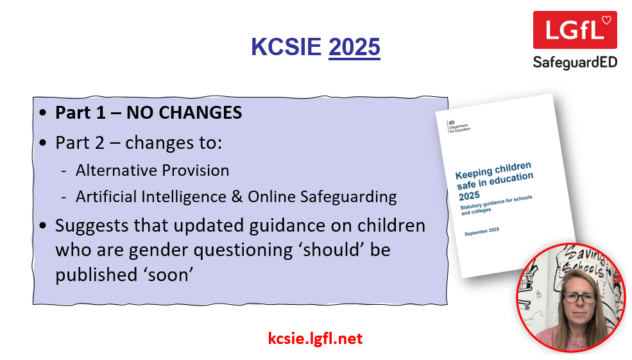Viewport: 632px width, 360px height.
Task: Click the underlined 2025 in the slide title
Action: click(x=354, y=47)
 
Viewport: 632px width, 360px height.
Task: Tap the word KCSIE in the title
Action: click(x=286, y=47)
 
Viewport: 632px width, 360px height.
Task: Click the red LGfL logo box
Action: click(x=575, y=30)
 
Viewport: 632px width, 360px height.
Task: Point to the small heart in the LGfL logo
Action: click(x=606, y=20)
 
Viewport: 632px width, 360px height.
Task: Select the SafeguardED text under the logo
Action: click(x=575, y=62)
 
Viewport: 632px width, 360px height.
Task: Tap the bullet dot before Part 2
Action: click(x=43, y=142)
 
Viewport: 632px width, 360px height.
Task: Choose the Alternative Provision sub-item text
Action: click(x=152, y=171)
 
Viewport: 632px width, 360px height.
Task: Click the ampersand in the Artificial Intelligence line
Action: click(x=237, y=197)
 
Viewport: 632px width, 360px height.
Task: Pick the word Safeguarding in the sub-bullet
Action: click(x=348, y=197)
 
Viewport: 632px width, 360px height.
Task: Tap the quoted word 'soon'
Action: click(x=169, y=275)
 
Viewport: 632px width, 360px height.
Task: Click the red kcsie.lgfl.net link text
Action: click(x=315, y=338)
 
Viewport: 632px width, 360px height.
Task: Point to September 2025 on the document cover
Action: click(x=482, y=232)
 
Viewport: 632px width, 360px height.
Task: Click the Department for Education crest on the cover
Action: click(x=452, y=122)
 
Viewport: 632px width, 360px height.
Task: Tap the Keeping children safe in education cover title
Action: click(x=494, y=181)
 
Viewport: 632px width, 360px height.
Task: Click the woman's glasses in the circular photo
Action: click(x=580, y=298)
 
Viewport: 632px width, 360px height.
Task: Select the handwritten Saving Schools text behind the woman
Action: click(x=583, y=262)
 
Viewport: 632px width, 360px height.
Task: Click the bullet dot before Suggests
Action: click(x=43, y=225)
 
